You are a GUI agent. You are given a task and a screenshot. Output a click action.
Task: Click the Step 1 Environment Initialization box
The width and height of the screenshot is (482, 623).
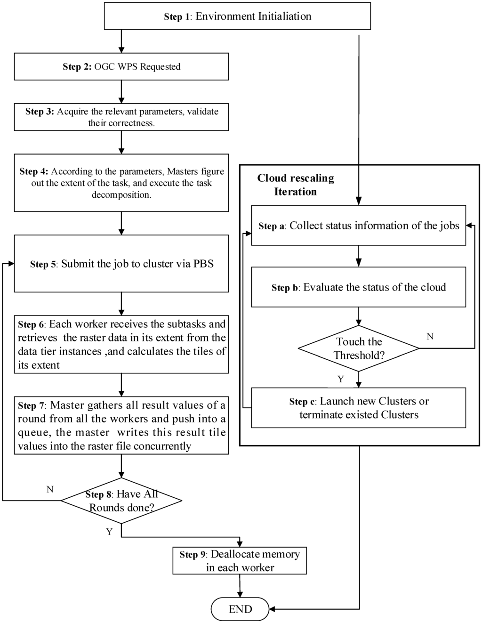[x=237, y=16]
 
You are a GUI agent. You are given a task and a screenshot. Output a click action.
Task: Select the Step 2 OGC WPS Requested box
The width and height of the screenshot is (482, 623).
[x=121, y=66]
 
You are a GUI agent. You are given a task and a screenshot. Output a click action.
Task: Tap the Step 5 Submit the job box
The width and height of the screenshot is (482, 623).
[x=121, y=264]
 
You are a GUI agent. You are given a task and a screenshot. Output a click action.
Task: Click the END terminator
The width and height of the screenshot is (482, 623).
[x=240, y=609]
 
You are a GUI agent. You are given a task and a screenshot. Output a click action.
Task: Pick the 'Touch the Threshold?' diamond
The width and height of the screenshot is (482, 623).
[x=359, y=348]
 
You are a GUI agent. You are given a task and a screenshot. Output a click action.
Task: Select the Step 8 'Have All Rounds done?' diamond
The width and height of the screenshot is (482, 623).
[x=121, y=501]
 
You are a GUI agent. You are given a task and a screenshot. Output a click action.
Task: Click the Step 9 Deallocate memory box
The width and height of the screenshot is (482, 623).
[x=240, y=561]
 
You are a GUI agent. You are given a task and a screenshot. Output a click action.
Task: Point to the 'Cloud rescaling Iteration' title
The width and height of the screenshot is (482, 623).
[x=296, y=185]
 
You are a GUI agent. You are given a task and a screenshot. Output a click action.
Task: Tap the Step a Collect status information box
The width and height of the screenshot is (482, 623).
[x=359, y=226]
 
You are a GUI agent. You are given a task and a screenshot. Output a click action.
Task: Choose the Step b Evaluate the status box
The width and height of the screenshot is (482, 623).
[x=359, y=287]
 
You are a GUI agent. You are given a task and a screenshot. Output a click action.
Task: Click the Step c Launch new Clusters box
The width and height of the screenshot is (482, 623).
[x=359, y=408]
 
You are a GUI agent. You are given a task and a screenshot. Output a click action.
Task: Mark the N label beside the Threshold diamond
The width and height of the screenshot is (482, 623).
[x=430, y=336]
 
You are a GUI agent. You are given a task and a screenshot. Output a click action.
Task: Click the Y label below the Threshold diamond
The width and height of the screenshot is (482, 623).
[x=340, y=379]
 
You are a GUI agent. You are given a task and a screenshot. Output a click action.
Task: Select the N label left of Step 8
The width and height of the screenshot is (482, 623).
[x=50, y=489]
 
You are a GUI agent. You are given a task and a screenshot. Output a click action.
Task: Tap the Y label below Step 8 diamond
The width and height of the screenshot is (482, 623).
[x=109, y=532]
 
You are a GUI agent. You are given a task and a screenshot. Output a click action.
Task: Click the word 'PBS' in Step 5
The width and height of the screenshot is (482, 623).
[x=203, y=264]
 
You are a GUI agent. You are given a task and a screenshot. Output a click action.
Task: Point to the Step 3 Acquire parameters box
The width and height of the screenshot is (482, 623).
[x=121, y=117]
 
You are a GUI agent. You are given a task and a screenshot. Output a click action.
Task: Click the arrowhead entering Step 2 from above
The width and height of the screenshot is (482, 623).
[x=121, y=49]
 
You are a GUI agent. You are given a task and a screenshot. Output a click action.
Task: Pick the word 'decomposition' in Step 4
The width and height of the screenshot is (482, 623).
[x=121, y=195]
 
